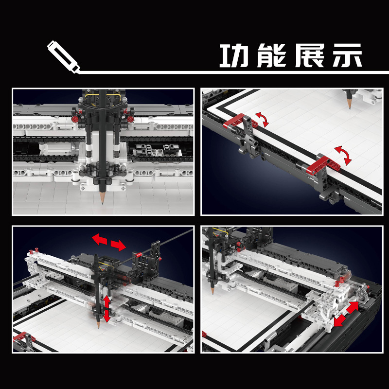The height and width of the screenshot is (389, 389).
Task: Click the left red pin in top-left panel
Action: (x=75, y=118)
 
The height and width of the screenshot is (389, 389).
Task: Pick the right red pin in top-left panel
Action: (x=131, y=118)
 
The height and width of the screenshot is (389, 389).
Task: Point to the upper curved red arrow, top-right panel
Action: (x=263, y=120)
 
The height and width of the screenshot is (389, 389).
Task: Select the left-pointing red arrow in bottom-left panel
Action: (x=100, y=239)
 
